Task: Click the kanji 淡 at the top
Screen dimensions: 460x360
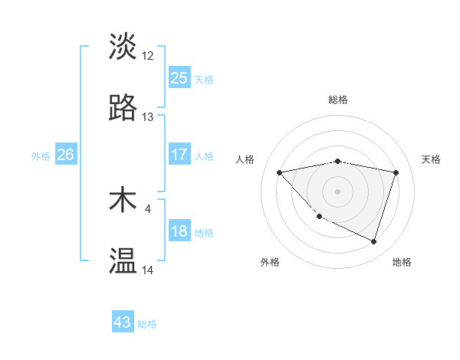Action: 123,46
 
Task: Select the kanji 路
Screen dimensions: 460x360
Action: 123,108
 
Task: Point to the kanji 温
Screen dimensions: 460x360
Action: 123,261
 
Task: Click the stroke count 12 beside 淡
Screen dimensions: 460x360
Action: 148,55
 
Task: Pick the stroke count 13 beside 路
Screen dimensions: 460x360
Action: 148,117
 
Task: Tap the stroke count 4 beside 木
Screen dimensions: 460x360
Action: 147,208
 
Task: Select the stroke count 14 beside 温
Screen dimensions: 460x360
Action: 148,270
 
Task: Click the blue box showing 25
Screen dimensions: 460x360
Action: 179,78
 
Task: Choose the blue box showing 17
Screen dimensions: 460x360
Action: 179,155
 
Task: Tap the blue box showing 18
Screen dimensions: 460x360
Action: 179,232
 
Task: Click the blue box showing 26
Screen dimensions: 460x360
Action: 65,155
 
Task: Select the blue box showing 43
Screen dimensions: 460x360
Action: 123,322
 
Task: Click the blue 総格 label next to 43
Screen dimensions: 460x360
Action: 147,324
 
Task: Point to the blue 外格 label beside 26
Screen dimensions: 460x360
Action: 41,156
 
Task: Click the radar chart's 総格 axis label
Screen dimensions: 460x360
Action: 338,100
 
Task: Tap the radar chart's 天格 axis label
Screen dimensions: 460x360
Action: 431,159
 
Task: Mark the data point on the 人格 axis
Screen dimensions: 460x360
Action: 279,172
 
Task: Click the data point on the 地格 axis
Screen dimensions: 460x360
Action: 373,241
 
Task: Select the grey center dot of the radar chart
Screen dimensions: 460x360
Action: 338,191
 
